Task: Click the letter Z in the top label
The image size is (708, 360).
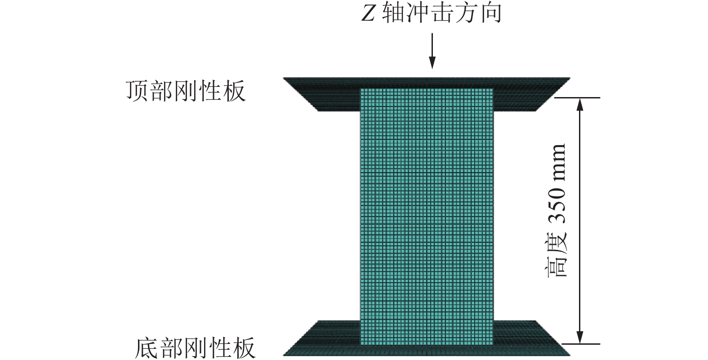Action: click(x=368, y=14)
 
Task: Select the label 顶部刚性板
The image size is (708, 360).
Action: click(x=185, y=91)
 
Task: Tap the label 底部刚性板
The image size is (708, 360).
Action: click(x=195, y=347)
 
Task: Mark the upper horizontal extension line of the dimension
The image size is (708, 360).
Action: click(x=578, y=98)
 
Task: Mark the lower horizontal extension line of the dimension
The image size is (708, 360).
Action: click(x=580, y=344)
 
